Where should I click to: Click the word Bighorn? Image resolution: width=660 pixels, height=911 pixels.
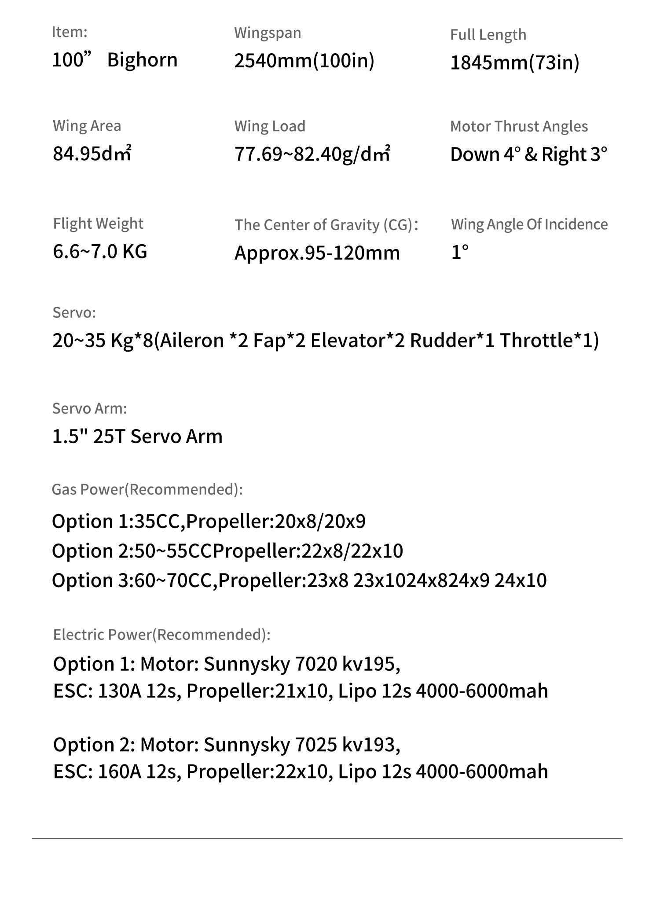click(x=142, y=60)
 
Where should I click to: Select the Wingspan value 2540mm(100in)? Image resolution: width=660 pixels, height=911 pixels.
click(x=304, y=60)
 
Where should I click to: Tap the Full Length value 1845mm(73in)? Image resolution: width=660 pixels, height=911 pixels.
click(x=514, y=62)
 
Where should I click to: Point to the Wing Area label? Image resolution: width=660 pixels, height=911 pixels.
click(x=87, y=126)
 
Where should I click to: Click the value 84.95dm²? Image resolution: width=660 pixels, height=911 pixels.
click(x=92, y=154)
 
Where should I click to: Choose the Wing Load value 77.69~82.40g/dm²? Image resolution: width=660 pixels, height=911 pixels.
click(x=312, y=154)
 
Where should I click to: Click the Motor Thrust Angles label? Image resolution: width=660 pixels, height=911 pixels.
click(x=519, y=126)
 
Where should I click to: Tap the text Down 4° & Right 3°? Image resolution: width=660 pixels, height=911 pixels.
click(x=528, y=154)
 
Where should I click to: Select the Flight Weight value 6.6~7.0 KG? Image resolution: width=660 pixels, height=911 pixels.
click(x=100, y=252)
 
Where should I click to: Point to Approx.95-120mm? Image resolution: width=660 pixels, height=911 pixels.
click(x=317, y=253)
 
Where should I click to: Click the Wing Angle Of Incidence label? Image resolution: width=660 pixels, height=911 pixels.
click(x=529, y=224)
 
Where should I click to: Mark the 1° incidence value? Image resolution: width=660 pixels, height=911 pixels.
click(x=460, y=252)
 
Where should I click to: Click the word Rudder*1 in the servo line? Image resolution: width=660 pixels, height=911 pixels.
click(x=452, y=341)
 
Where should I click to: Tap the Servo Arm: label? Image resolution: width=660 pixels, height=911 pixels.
click(x=89, y=408)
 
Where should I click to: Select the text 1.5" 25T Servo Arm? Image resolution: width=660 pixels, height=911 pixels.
click(x=137, y=437)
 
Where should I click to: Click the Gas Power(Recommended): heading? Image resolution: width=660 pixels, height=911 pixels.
click(x=147, y=489)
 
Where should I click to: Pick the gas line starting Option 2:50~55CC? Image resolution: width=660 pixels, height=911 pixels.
click(x=227, y=551)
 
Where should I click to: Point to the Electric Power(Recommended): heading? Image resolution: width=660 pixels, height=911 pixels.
click(x=161, y=635)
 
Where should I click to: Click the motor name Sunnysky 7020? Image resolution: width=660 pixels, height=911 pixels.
click(x=270, y=664)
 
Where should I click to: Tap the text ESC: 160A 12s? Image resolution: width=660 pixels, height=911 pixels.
click(x=117, y=771)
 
